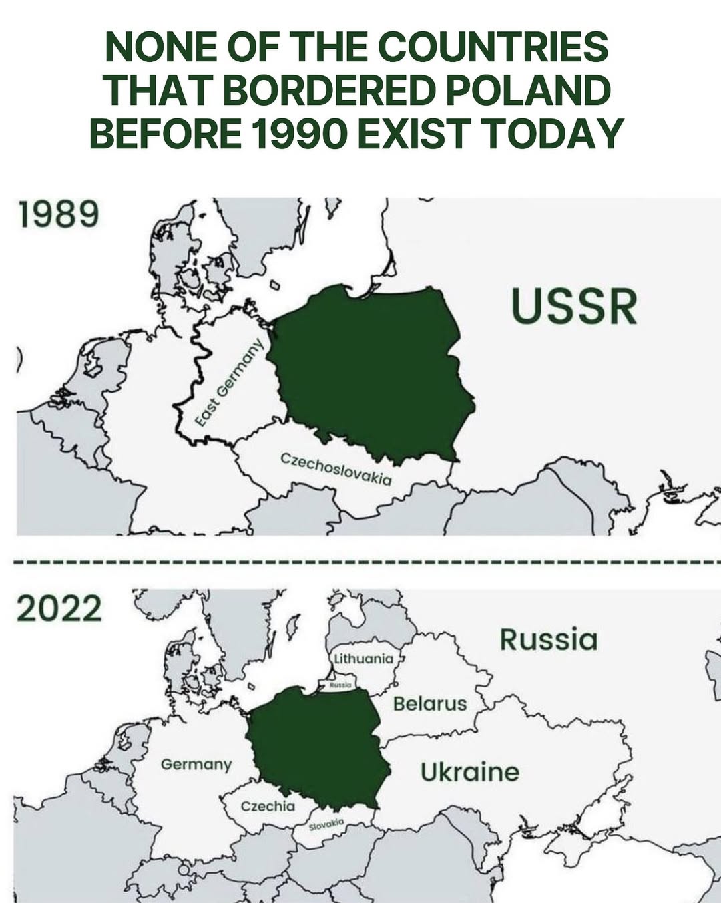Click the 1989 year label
[59, 214]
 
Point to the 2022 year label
[59, 608]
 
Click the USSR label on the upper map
[574, 307]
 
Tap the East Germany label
[230, 381]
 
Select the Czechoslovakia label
[335, 469]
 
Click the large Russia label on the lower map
[548, 639]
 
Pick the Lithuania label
[364, 659]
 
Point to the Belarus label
[430, 703]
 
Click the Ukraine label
[469, 772]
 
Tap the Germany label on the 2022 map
[196, 764]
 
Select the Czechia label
[268, 806]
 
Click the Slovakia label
[326, 824]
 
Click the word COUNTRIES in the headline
[493, 47]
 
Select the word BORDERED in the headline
[328, 90]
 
